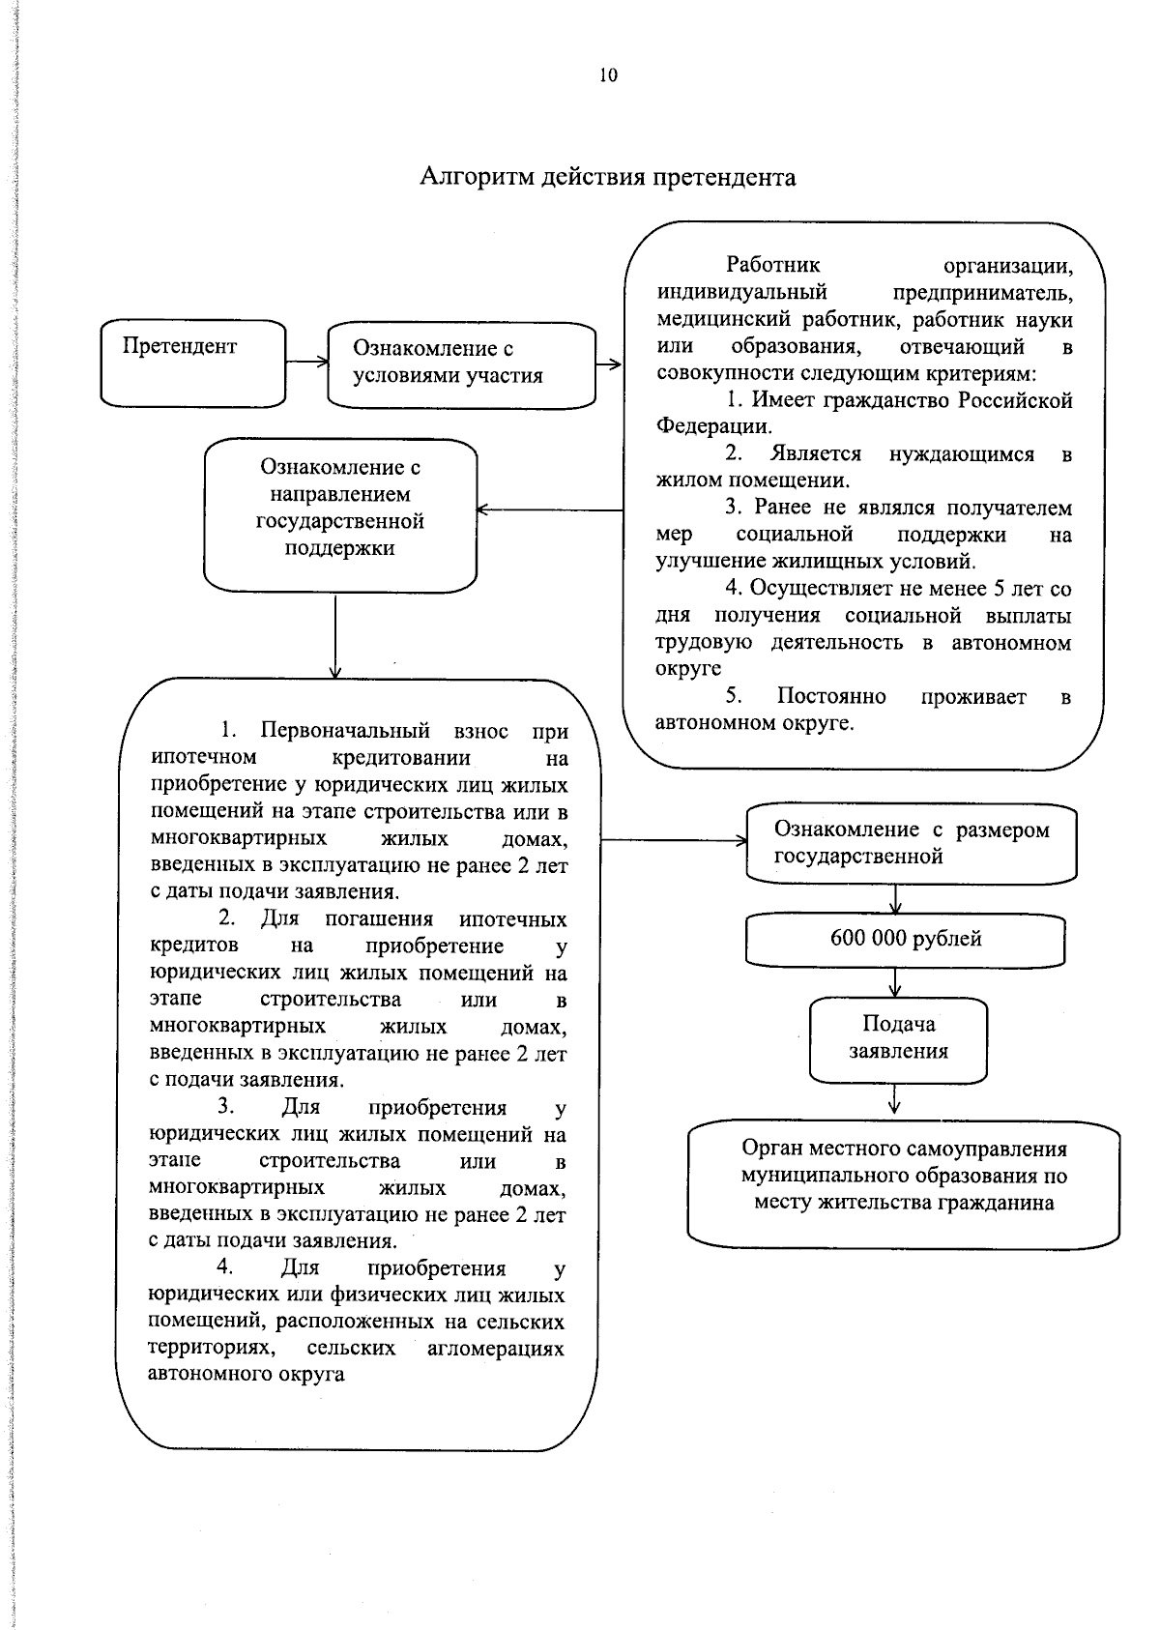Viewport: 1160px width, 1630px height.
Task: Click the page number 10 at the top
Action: click(x=608, y=75)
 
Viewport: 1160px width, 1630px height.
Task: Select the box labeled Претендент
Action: click(x=193, y=363)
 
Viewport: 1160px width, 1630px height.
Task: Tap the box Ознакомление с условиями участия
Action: click(x=461, y=364)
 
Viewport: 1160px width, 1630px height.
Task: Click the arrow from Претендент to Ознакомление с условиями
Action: click(x=307, y=363)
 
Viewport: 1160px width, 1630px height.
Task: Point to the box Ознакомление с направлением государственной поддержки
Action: click(x=339, y=514)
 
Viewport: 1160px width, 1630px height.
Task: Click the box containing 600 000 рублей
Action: click(x=905, y=940)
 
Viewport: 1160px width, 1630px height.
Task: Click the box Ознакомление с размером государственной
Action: click(x=911, y=843)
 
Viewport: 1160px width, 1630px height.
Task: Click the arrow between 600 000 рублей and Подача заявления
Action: click(x=895, y=981)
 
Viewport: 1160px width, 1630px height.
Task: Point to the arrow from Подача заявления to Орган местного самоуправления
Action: click(x=895, y=1099)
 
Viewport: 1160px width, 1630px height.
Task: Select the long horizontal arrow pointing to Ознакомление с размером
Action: click(x=673, y=841)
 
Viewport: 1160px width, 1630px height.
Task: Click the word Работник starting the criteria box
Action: click(x=772, y=265)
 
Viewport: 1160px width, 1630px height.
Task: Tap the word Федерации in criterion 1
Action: click(x=713, y=426)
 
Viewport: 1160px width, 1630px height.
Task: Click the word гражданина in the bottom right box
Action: click(x=997, y=1204)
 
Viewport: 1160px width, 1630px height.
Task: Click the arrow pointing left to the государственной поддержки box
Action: click(x=549, y=509)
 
